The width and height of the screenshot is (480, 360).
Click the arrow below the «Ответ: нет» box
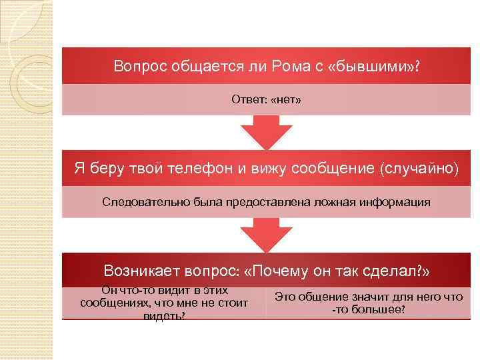point(266,131)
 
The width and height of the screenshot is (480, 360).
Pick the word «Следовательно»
point(139,201)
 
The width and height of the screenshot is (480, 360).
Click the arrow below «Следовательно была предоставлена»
point(266,233)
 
